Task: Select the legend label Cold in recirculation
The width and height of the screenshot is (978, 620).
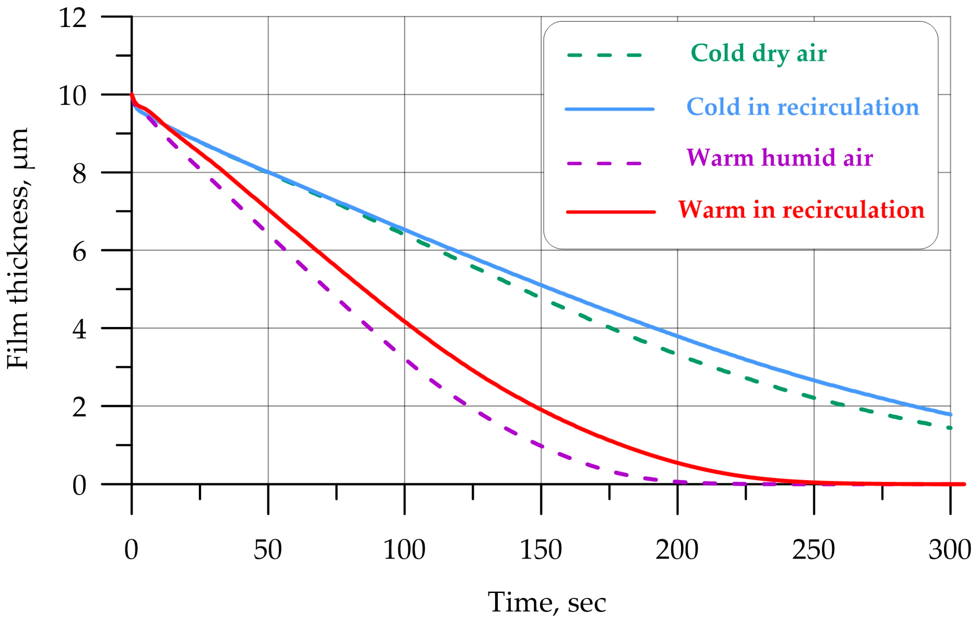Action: click(x=802, y=107)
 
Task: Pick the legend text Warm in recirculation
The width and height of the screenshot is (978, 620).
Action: click(x=801, y=210)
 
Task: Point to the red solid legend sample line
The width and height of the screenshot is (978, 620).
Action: click(x=610, y=212)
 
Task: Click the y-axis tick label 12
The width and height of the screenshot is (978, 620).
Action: click(x=73, y=18)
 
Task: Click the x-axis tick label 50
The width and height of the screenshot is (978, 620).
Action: click(x=267, y=550)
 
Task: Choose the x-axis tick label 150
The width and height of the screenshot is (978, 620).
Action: click(x=541, y=550)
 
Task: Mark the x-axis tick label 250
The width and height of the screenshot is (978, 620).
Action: click(x=813, y=550)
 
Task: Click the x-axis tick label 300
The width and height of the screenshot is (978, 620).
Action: click(x=950, y=550)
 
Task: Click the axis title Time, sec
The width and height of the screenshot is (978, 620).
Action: click(x=547, y=602)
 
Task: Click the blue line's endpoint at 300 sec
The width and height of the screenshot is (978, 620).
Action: click(x=950, y=414)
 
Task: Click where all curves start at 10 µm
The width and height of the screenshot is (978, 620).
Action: click(x=131, y=95)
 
